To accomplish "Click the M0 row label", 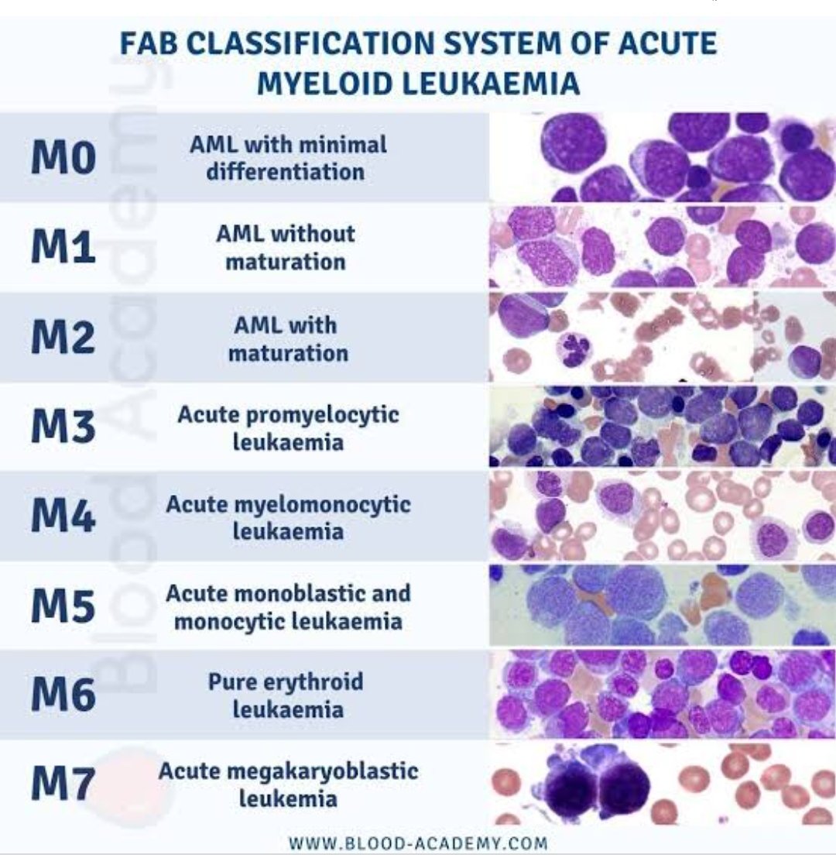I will (x=63, y=158).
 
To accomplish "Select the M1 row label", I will (x=63, y=248).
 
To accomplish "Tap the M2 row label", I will (x=63, y=338).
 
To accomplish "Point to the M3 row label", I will (x=63, y=427).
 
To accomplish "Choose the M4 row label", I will (x=63, y=517).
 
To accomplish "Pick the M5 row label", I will (x=63, y=607).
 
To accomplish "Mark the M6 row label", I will (x=63, y=695).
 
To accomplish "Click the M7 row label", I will (x=63, y=784).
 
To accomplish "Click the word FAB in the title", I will (x=150, y=44).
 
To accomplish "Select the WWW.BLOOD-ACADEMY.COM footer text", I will (x=417, y=843).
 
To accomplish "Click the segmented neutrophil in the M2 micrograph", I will (x=575, y=349).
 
